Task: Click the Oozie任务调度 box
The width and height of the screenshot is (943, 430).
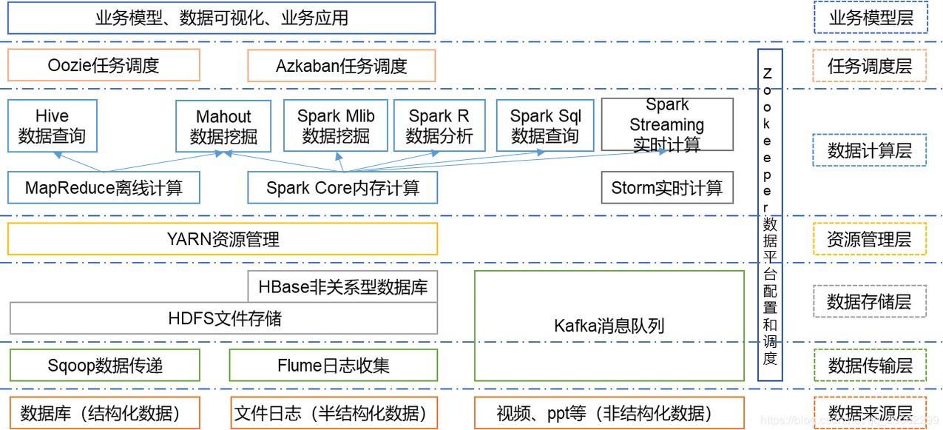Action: [104, 65]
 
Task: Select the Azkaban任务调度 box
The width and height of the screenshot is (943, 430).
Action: [341, 65]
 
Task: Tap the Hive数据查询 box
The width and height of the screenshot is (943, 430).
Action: [52, 126]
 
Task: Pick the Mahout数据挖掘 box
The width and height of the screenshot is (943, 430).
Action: [223, 126]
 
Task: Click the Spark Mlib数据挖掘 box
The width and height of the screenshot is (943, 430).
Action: [336, 126]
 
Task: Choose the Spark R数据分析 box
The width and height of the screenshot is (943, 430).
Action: [439, 126]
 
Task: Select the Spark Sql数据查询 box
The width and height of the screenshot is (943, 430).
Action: [546, 126]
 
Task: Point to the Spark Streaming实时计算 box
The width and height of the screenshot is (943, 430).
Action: [667, 124]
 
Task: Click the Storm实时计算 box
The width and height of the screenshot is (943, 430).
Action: [667, 188]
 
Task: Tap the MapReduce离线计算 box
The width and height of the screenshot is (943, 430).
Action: [104, 188]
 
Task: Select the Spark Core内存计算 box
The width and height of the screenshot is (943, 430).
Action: [342, 188]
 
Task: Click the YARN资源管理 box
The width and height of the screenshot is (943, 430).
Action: [223, 239]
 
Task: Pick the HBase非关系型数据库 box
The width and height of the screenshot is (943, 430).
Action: [342, 286]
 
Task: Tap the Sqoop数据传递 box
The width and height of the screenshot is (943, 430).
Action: [104, 365]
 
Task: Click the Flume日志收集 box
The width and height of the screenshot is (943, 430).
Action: [334, 365]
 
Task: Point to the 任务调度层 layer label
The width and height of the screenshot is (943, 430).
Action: [870, 65]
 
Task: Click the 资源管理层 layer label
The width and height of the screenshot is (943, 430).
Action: [870, 239]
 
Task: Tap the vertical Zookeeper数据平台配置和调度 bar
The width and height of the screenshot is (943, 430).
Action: [770, 215]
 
